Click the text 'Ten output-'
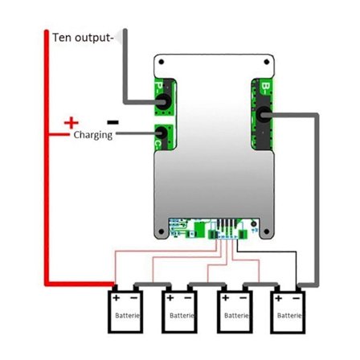tap(82, 38)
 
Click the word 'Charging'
tap(92, 136)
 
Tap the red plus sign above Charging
tap(72, 122)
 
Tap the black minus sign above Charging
tap(112, 122)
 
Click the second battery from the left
tap(181, 311)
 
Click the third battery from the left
tap(235, 311)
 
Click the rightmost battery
tap(289, 311)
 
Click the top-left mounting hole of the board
tap(163, 62)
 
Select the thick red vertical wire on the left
tap(45, 161)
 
